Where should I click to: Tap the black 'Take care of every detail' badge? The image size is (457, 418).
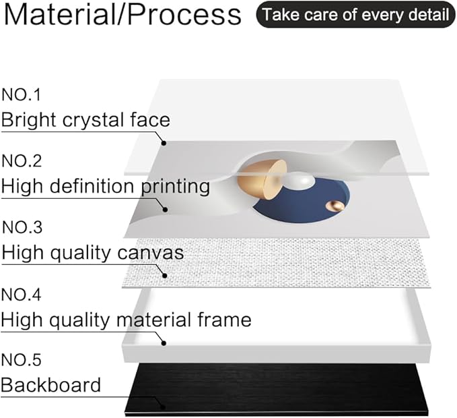click(x=355, y=15)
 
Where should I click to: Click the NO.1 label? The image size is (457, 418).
click(x=21, y=95)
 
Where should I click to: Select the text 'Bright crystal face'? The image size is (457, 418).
click(x=85, y=120)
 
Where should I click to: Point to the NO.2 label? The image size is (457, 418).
click(x=22, y=161)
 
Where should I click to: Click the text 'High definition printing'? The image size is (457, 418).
click(x=106, y=186)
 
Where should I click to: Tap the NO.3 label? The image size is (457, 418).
click(x=22, y=227)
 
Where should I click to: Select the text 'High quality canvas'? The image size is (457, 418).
click(x=93, y=253)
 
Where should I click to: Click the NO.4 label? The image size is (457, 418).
click(x=21, y=295)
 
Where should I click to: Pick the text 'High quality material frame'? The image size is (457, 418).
click(x=126, y=320)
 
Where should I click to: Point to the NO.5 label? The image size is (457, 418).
click(x=21, y=360)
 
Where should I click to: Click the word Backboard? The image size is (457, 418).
click(x=50, y=385)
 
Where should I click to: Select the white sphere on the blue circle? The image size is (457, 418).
click(x=298, y=181)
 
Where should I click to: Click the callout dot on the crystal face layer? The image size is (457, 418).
click(x=164, y=143)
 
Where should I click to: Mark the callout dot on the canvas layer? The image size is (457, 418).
click(x=165, y=275)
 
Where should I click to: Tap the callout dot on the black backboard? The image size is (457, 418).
click(x=163, y=407)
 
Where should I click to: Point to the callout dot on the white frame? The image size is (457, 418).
click(x=164, y=343)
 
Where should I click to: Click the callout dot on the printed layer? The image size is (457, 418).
click(x=166, y=209)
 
